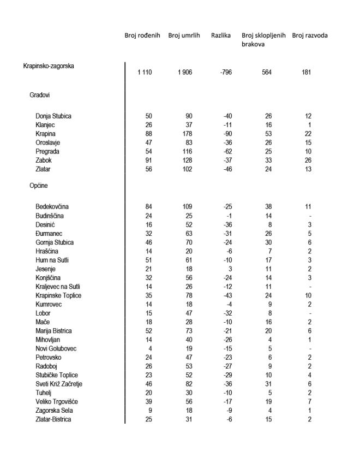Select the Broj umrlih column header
(x=184, y=35)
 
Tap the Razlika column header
(x=220, y=35)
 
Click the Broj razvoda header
(x=310, y=35)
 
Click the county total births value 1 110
(x=145, y=73)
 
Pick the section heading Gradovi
(x=40, y=95)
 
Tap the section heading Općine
(x=39, y=186)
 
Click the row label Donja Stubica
(x=53, y=116)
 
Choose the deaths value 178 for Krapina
(x=187, y=134)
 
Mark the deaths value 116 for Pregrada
(x=187, y=151)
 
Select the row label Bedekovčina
(x=52, y=207)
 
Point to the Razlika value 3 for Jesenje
(x=230, y=269)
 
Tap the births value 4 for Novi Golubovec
(x=150, y=348)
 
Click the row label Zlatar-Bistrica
(x=53, y=419)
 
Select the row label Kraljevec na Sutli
(x=58, y=286)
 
